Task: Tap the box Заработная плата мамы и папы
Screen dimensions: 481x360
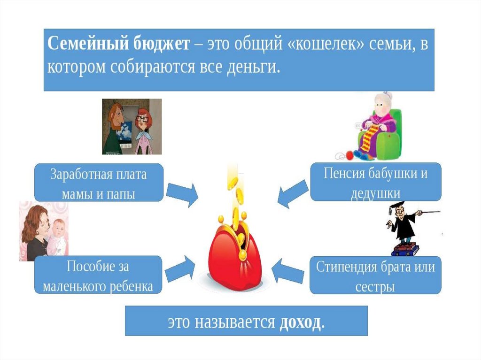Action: tap(98, 183)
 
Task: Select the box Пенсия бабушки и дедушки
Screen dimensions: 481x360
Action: tap(375, 182)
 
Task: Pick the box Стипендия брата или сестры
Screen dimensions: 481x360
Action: tap(375, 275)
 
